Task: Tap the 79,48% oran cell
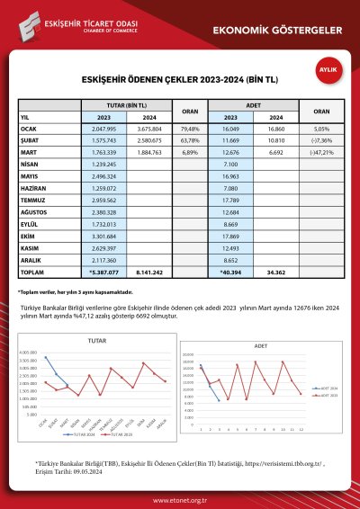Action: pyautogui.click(x=190, y=129)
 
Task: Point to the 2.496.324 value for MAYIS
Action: pyautogui.click(x=105, y=177)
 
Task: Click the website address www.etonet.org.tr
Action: pyautogui.click(x=180, y=495)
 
